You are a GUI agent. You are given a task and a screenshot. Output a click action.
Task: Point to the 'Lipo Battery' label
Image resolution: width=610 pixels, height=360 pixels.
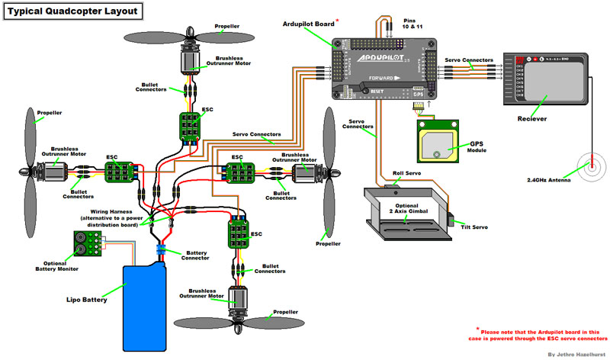point(85,300)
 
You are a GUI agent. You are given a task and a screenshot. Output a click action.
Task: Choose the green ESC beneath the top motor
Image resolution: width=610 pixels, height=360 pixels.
point(191,125)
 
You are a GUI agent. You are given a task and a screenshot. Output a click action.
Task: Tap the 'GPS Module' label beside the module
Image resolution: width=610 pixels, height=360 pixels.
point(477,146)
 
